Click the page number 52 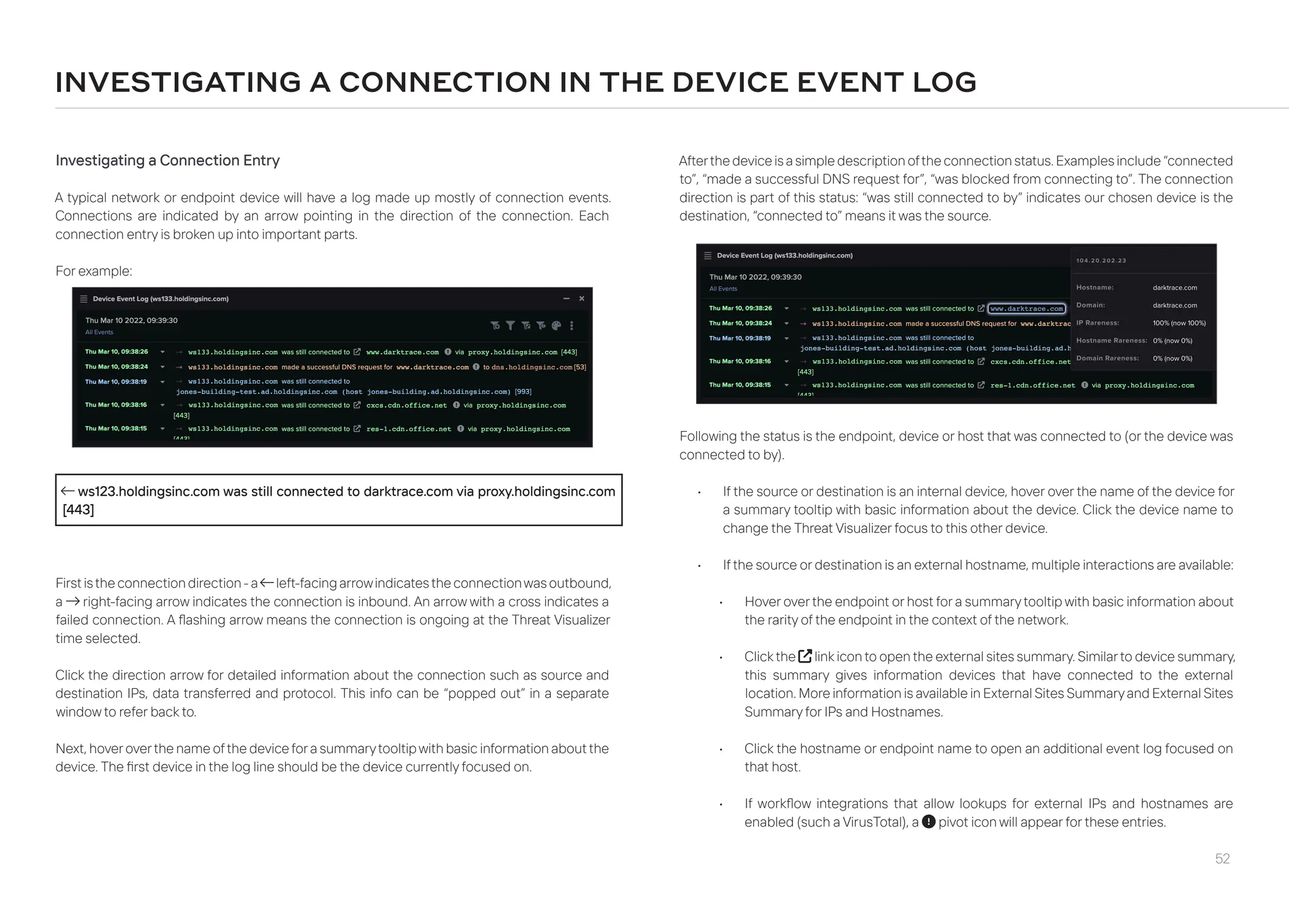[1222, 859]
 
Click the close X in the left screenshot [582, 299]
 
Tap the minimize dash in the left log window [566, 299]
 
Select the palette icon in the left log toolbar [556, 325]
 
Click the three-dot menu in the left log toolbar [571, 325]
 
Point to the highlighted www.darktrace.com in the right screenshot [1027, 308]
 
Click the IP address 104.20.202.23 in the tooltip [1101, 260]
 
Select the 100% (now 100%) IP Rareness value [1179, 323]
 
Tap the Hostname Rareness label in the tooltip [1107, 340]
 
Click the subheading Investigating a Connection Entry [167, 160]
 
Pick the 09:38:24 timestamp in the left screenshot [116, 367]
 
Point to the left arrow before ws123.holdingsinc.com [67, 491]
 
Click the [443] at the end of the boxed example [79, 510]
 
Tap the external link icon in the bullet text [804, 656]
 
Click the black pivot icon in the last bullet [928, 822]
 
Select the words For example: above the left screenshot [94, 271]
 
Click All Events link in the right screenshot [723, 289]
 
